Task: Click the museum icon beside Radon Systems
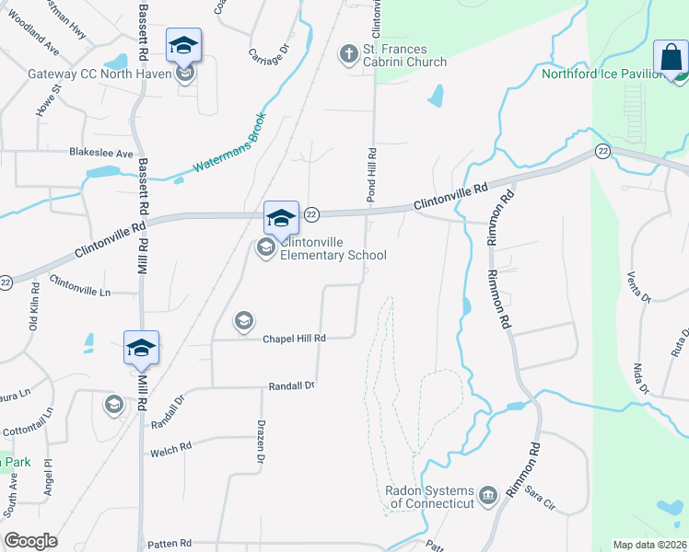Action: coord(488,495)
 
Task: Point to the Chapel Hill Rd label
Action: coord(295,339)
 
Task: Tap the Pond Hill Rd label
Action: coord(373,176)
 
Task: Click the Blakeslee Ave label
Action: coord(101,154)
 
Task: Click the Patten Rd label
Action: coord(172,544)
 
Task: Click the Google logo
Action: coord(30,541)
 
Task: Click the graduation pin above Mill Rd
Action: coord(141,348)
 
